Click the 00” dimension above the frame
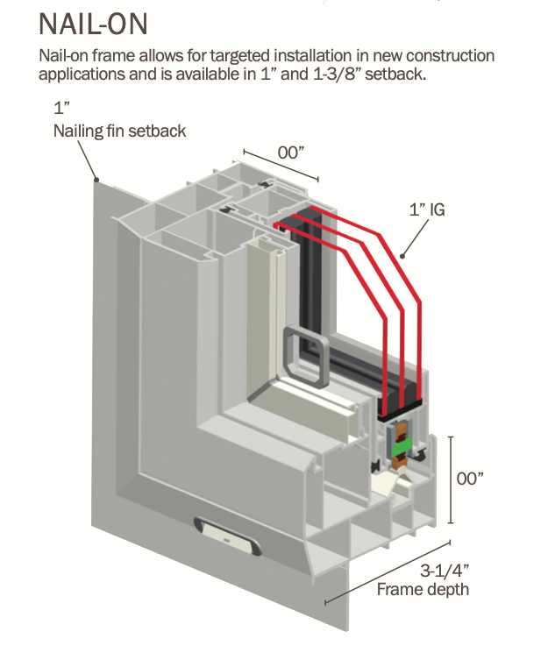tap(291, 152)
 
